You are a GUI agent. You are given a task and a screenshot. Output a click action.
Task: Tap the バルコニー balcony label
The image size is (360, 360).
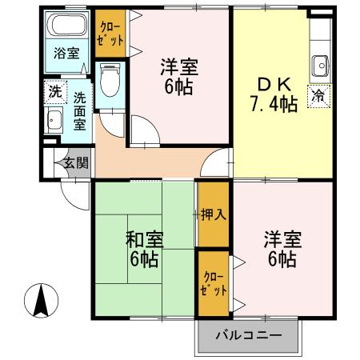(x=248, y=335)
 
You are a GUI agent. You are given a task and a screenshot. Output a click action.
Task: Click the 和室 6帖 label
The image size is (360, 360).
(x=145, y=248)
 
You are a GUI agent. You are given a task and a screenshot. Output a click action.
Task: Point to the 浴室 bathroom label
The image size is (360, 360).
(x=66, y=54)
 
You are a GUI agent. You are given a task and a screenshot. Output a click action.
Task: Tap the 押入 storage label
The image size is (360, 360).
(x=213, y=214)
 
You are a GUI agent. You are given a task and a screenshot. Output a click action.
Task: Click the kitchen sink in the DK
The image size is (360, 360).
(x=322, y=63)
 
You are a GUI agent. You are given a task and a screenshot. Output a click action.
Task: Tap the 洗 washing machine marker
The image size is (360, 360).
(x=54, y=91)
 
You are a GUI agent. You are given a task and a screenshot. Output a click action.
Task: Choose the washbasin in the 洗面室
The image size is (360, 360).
(x=54, y=122)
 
